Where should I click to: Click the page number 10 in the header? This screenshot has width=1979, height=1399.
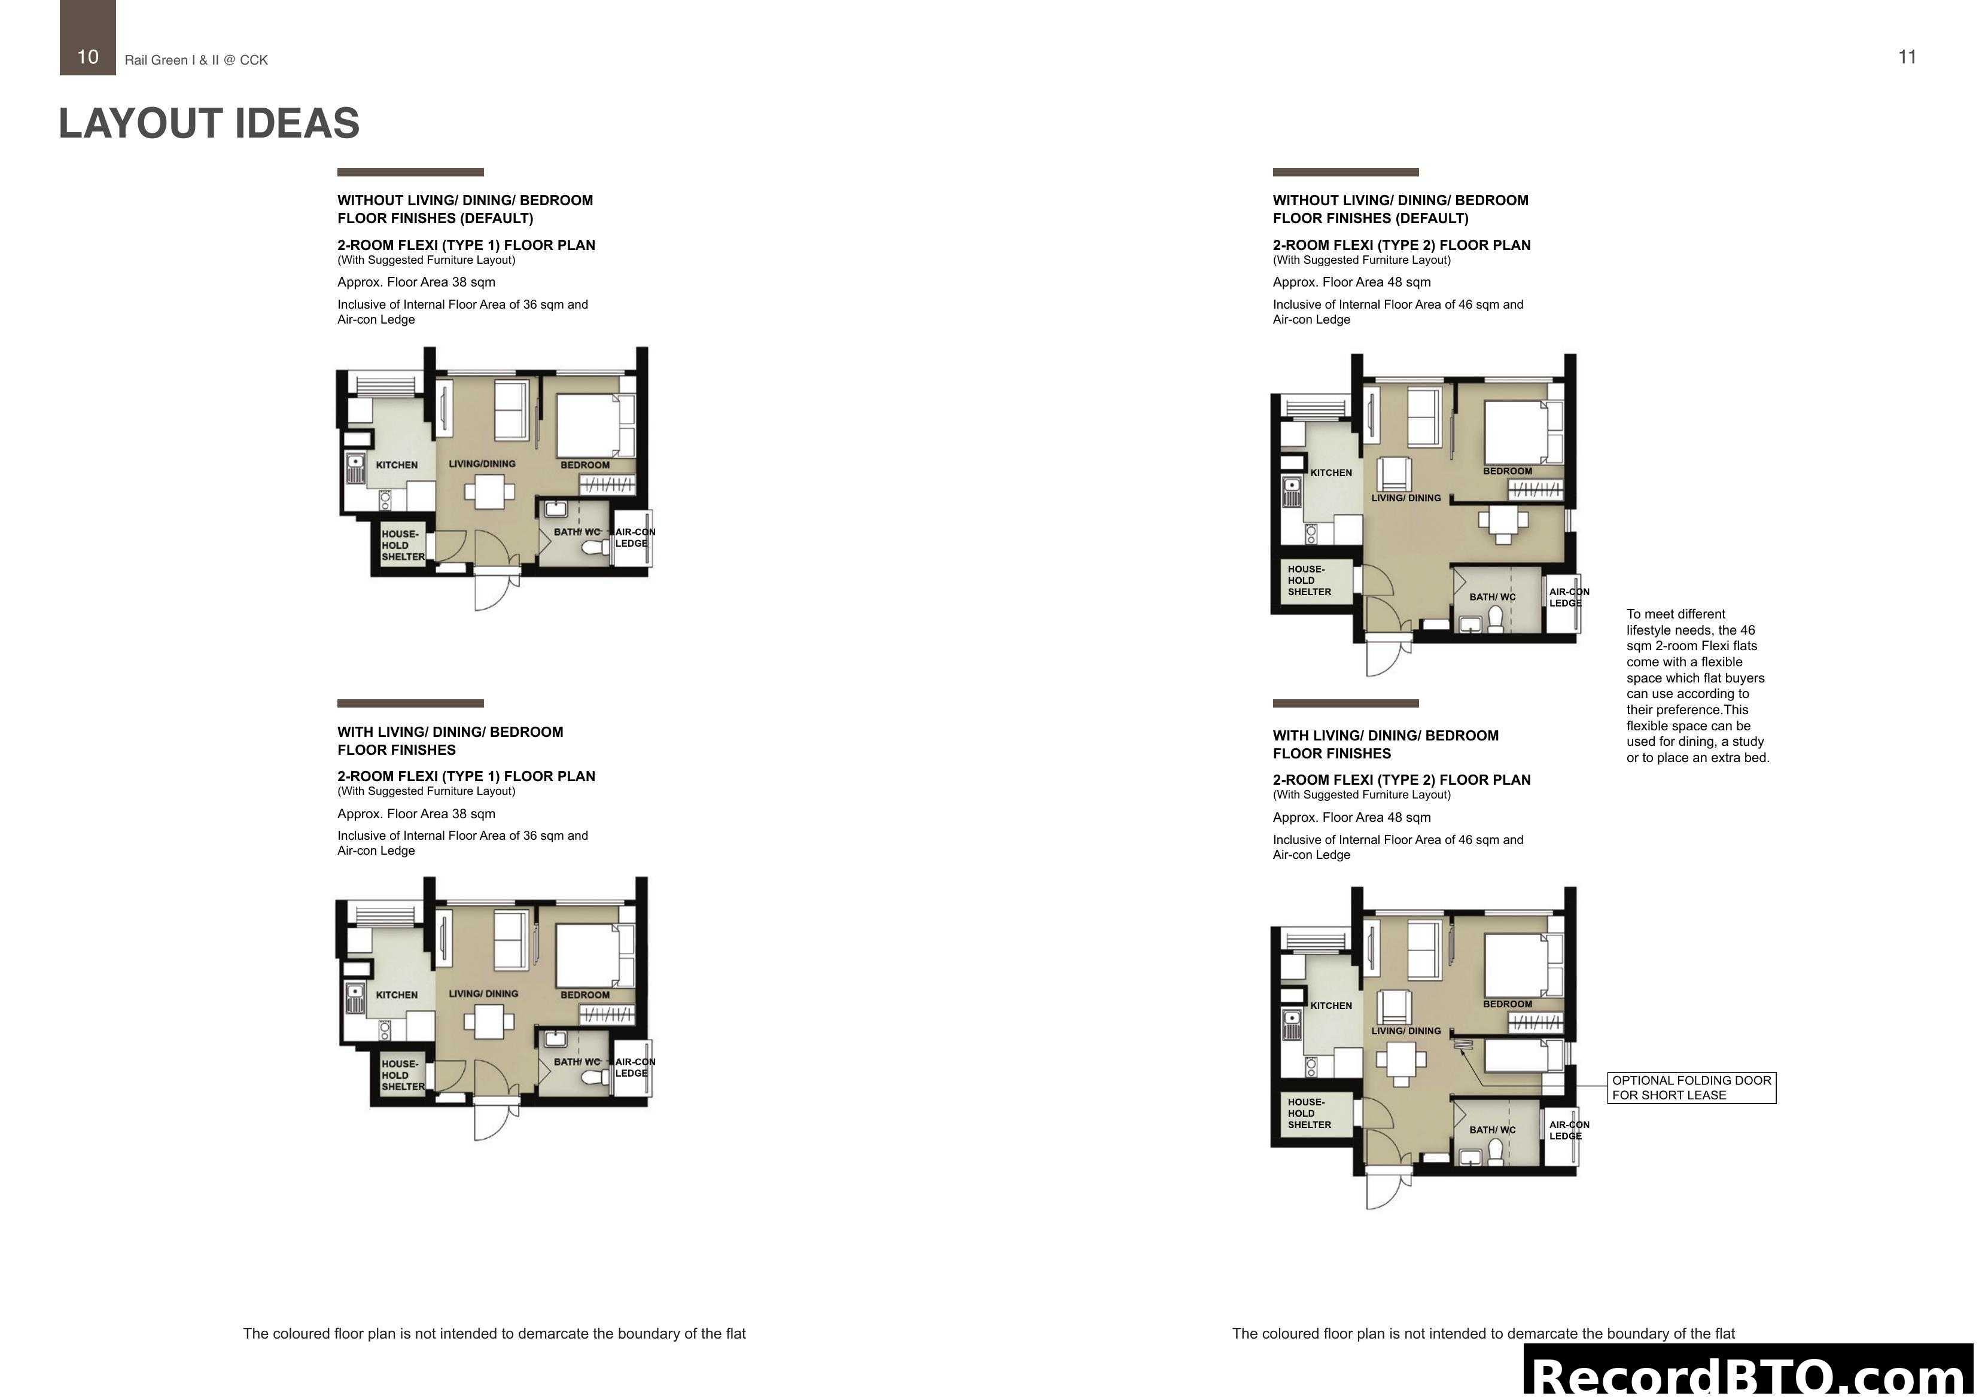[x=88, y=57]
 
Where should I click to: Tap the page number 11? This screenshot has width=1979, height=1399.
[x=1907, y=57]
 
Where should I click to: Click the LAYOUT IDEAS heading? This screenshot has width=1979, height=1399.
[x=209, y=123]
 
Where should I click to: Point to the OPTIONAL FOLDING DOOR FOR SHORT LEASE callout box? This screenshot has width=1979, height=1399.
[x=1691, y=1088]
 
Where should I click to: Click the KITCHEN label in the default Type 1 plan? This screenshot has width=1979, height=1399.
[x=397, y=465]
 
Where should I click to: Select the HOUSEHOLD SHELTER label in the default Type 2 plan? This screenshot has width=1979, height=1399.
[x=1310, y=581]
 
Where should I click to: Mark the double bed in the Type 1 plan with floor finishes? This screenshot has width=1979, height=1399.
[x=589, y=956]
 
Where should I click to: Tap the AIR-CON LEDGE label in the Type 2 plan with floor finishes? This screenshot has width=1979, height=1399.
[x=1569, y=1130]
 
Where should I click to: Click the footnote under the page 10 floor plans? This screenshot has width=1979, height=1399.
[x=494, y=1333]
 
